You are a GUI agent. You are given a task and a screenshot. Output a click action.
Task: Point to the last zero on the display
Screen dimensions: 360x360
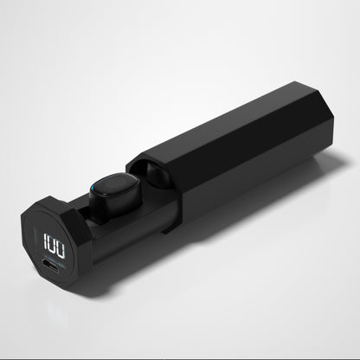[x=60, y=242]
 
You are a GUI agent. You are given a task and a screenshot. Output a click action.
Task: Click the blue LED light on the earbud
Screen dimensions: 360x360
[x=93, y=189]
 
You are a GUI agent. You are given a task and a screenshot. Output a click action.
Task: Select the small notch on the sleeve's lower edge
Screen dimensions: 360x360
[x=167, y=227]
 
